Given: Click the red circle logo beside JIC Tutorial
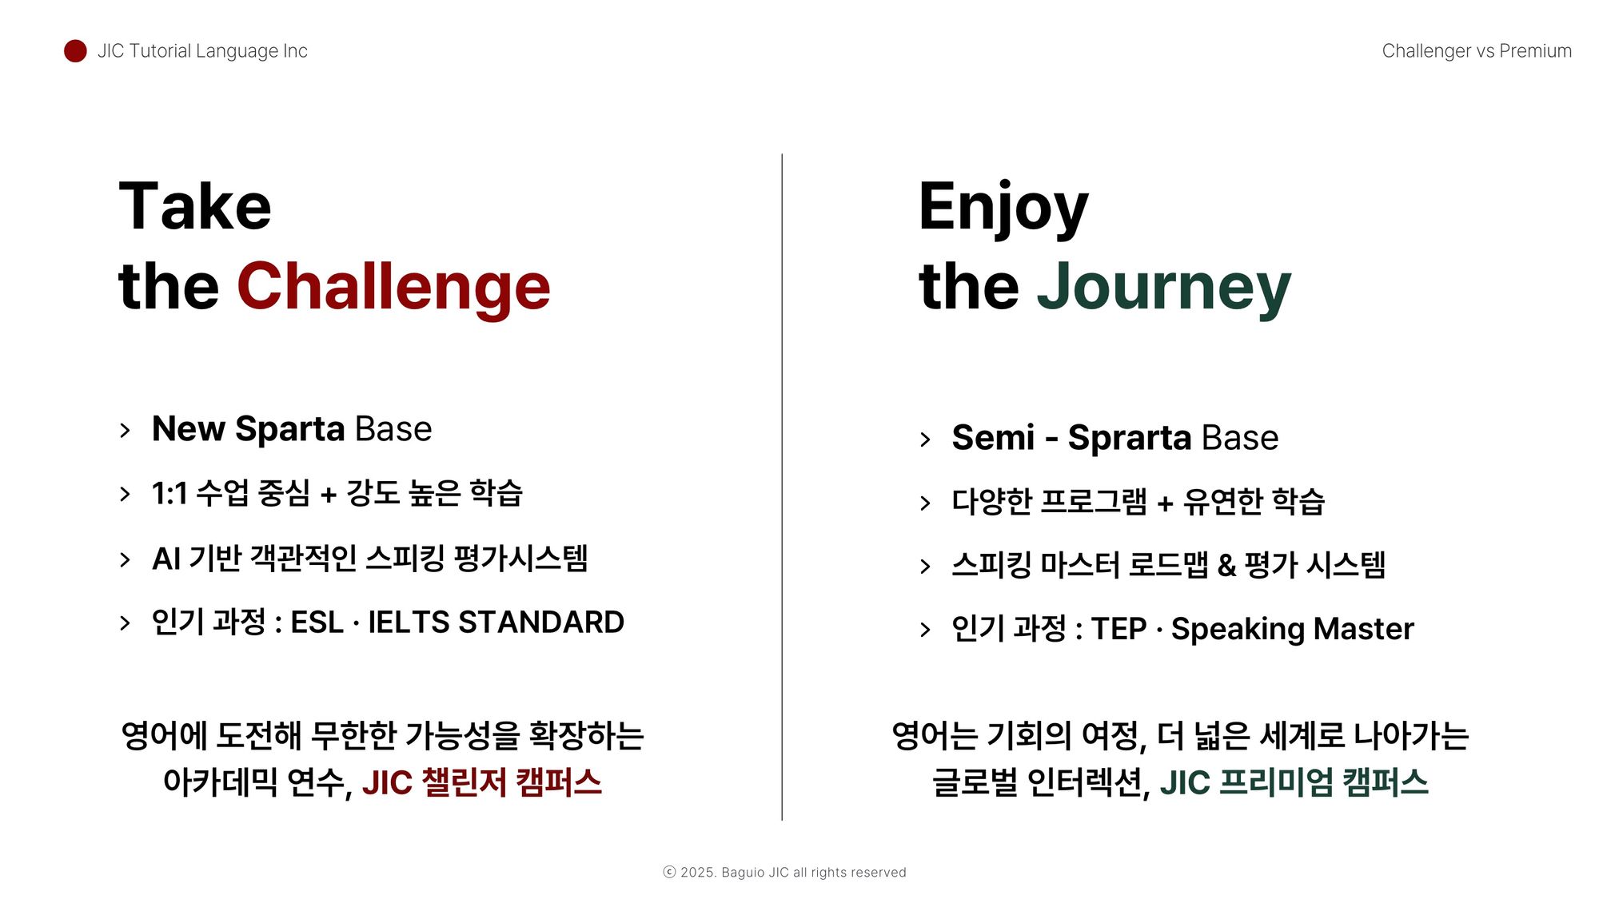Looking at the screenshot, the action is tap(75, 51).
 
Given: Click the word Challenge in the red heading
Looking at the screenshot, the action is tap(393, 287).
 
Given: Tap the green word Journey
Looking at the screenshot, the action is tap(1164, 287).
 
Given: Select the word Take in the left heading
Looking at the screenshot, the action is tap(195, 206).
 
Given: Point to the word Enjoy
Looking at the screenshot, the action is tap(1003, 208).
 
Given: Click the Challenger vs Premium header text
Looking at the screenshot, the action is tap(1477, 51).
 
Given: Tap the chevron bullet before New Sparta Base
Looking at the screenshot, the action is tap(125, 431).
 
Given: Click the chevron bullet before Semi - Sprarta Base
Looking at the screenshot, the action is tap(925, 440).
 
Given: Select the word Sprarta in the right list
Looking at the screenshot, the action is tap(1130, 438).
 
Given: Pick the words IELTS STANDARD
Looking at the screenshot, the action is tap(496, 622).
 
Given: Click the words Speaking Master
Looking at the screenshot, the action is tap(1292, 630).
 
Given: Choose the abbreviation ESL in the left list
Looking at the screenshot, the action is tap(317, 622).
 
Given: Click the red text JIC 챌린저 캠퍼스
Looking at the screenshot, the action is tap(481, 782).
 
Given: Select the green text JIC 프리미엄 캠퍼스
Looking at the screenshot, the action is tap(1294, 782).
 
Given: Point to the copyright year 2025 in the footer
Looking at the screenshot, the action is tap(698, 873).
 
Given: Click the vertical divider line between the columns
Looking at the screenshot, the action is tap(782, 487).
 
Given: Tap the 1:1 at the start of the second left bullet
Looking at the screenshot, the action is tap(169, 494).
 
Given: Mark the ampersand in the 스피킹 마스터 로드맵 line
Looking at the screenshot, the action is tap(1226, 566).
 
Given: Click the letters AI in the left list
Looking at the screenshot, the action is tap(165, 559).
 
